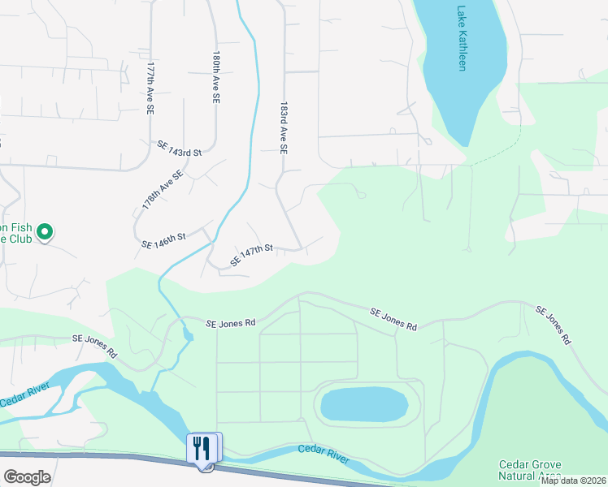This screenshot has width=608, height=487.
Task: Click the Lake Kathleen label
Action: point(462,39)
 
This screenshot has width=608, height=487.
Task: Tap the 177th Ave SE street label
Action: point(150,88)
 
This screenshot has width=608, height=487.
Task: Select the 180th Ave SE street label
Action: point(216,77)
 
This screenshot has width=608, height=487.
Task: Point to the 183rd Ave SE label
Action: point(284,128)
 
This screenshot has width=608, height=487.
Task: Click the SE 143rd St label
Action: point(179,148)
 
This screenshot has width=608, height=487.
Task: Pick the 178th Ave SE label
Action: point(163,191)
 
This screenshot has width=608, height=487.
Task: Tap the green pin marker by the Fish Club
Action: point(46,234)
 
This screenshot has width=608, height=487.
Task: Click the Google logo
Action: point(27,477)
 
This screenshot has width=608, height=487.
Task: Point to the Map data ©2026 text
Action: point(574,481)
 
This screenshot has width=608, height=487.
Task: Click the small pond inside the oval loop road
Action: point(363,403)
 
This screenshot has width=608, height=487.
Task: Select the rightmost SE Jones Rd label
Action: point(552,326)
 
